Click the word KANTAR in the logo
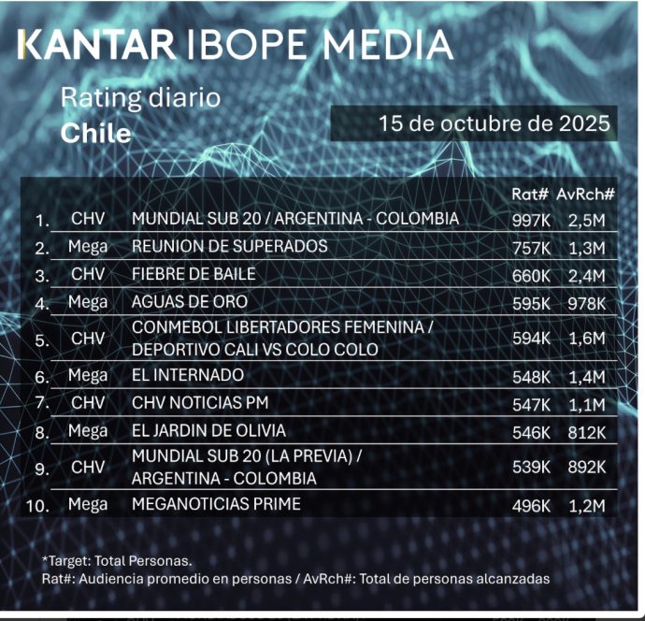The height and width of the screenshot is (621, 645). (x=97, y=44)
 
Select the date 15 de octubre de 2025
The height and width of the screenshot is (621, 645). (x=494, y=123)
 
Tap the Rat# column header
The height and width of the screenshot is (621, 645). (x=529, y=194)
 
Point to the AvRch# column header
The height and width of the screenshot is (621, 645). (x=586, y=194)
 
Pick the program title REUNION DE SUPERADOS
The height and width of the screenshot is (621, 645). (x=230, y=246)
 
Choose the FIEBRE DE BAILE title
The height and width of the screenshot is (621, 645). (x=193, y=274)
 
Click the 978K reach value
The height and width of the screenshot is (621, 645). (x=587, y=303)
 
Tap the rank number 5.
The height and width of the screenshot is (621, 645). (x=42, y=340)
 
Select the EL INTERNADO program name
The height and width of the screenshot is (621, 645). (x=188, y=375)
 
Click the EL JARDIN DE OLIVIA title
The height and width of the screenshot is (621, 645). (x=208, y=431)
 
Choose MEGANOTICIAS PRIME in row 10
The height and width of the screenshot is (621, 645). (x=216, y=504)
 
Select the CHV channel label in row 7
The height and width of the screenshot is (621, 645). (x=88, y=403)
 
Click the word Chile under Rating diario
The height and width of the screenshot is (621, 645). (x=95, y=133)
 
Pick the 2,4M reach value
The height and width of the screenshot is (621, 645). (x=587, y=275)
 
